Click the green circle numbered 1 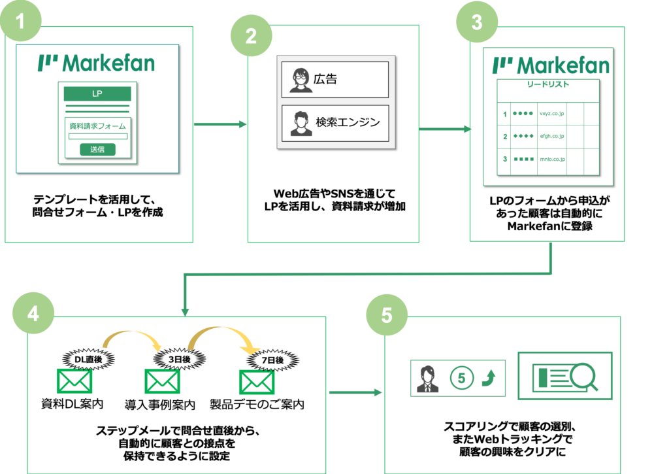20,20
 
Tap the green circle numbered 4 33,313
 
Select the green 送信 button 97,150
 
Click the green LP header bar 97,93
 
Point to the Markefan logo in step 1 97,63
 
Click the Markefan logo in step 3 551,65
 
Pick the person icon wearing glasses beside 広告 301,80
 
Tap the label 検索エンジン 348,122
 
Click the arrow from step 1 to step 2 221,124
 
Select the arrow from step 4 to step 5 355,392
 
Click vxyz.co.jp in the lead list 551,114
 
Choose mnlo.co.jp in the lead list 553,160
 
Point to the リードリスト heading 548,84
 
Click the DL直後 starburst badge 88,360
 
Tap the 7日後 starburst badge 272,360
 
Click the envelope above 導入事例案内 162,381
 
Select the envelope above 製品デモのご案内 256,382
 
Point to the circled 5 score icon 461,378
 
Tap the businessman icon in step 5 427,379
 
